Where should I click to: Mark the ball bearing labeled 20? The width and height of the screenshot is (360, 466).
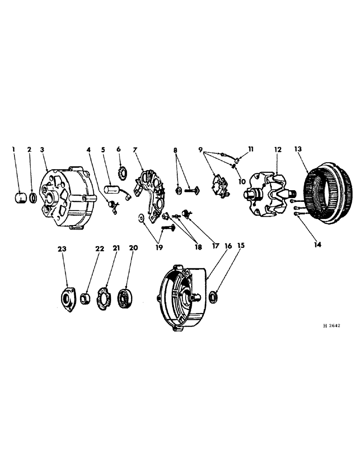tap(125, 296)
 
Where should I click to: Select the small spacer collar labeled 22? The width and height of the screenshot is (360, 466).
tap(85, 297)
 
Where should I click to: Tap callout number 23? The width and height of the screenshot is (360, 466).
tap(62, 249)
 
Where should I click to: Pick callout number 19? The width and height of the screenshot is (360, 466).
tap(159, 247)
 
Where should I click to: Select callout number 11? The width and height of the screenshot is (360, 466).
tap(250, 149)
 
